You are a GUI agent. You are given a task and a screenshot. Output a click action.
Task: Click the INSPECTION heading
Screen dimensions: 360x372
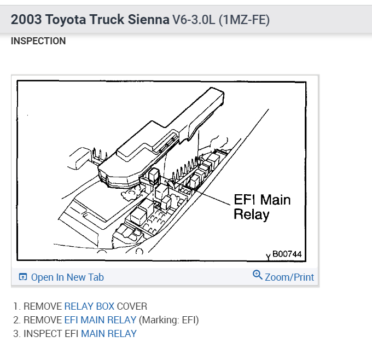[x=38, y=41]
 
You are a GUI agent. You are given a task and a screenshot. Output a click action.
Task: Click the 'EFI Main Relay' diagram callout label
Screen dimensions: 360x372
[x=262, y=206]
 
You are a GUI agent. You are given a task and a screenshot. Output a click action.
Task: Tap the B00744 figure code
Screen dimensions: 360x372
[x=287, y=254]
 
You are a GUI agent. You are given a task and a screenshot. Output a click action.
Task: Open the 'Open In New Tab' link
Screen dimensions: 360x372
[x=67, y=277]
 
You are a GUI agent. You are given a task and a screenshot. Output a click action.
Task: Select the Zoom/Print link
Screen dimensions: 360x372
[x=289, y=277]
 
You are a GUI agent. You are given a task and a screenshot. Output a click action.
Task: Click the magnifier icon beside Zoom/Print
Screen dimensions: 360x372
[x=258, y=275]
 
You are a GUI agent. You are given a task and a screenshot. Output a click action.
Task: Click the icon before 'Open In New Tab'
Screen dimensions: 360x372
[x=23, y=277]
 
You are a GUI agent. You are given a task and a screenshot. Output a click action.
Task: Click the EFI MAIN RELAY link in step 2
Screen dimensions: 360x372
[x=100, y=320]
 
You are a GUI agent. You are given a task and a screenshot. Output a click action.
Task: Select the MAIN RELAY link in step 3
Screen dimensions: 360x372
[x=109, y=333]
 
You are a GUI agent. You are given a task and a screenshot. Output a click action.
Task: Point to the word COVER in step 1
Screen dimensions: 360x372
[x=132, y=306]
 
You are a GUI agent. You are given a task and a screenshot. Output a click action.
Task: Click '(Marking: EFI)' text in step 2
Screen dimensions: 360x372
[x=169, y=320]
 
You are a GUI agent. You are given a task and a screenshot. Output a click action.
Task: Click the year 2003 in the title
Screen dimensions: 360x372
[x=26, y=20]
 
